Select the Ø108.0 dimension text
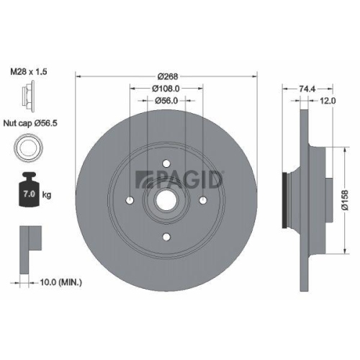166,89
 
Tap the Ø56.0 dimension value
166,102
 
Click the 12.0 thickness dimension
328,102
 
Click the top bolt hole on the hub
166,163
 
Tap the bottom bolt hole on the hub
166,237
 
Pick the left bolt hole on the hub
130,199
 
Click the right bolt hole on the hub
203,199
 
